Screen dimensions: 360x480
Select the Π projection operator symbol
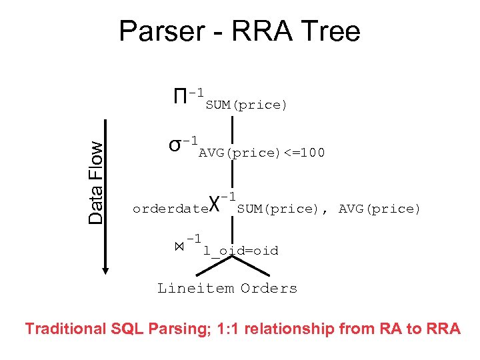click(x=179, y=97)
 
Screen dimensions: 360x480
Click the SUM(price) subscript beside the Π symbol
click(x=246, y=105)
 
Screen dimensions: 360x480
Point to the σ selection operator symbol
click(x=175, y=145)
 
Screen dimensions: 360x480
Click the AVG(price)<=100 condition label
click(x=262, y=153)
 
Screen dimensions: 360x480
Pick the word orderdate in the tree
click(x=171, y=209)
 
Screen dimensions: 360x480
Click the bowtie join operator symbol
click(x=179, y=247)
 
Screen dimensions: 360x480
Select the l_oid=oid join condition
click(x=241, y=251)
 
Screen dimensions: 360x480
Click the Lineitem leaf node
click(x=195, y=289)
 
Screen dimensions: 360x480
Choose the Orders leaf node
click(x=269, y=289)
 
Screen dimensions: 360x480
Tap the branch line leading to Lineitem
click(x=212, y=267)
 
